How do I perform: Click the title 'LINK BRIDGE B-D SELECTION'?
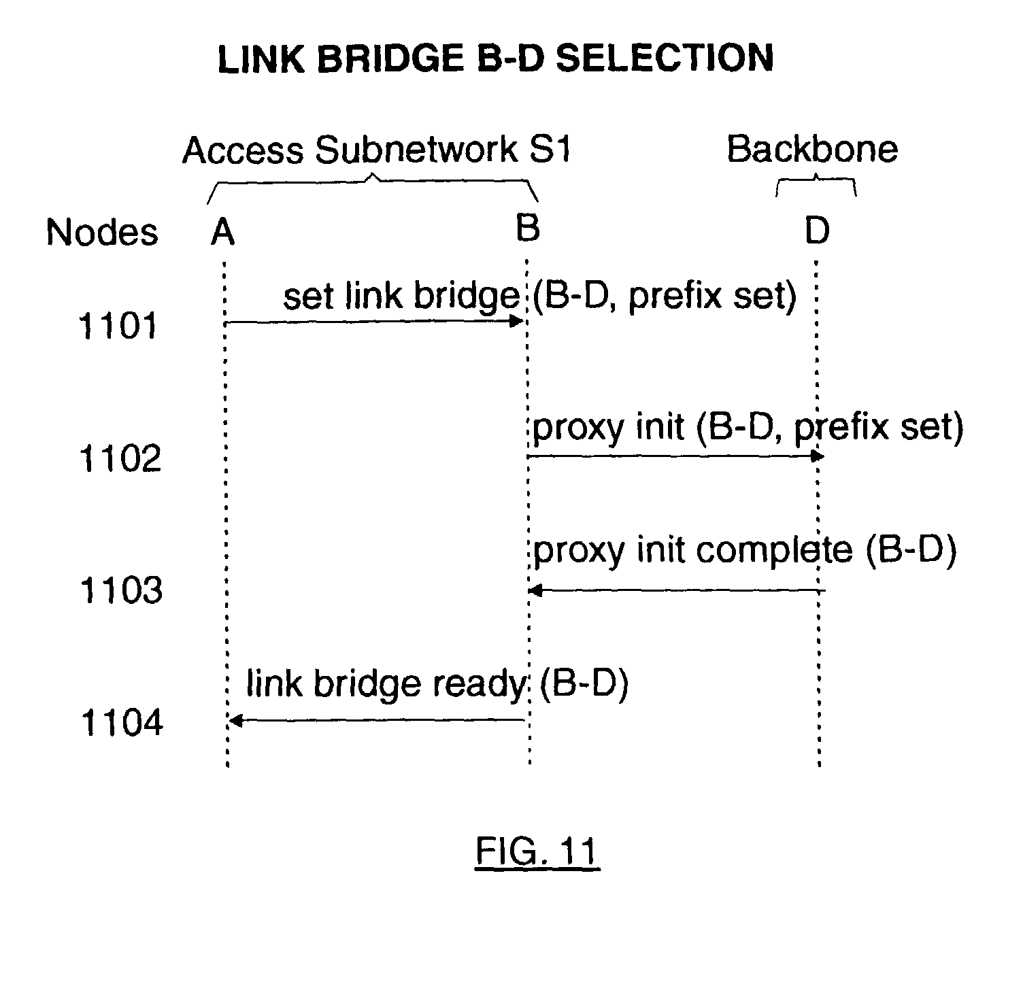[495, 58]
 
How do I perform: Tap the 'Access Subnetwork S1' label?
[376, 150]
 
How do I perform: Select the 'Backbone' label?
[812, 148]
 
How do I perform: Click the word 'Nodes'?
[102, 233]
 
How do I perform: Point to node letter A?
[222, 233]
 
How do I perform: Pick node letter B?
[528, 228]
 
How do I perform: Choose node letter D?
[817, 231]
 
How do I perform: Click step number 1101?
[118, 326]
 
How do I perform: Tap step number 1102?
[120, 458]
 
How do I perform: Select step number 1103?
[121, 590]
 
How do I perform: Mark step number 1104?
[122, 722]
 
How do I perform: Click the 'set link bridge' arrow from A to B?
[374, 321]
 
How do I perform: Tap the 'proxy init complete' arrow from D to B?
[677, 590]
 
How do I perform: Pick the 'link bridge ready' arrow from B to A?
[378, 720]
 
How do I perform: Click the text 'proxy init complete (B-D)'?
[744, 550]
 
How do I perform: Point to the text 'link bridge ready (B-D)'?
[437, 683]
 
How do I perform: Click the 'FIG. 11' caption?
[537, 851]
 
